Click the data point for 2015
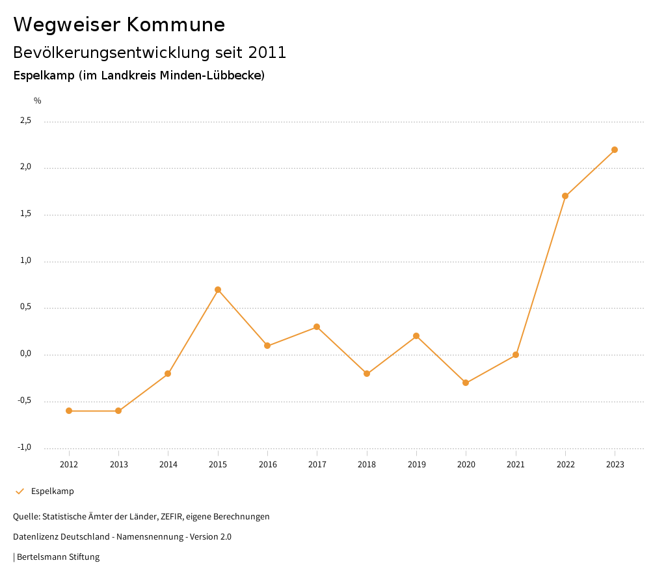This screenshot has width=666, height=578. [218, 290]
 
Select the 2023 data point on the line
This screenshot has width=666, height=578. [615, 150]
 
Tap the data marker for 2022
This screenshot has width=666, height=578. [565, 196]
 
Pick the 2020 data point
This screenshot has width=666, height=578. [466, 383]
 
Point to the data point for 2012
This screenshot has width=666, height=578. [69, 411]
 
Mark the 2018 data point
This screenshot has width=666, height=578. [367, 374]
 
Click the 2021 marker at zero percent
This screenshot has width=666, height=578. [516, 355]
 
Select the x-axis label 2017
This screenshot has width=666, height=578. [317, 465]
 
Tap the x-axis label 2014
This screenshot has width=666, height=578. [168, 465]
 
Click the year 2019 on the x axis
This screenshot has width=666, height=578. [416, 465]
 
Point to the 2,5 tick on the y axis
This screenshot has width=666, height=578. [25, 120]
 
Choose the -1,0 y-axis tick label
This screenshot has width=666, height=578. [25, 447]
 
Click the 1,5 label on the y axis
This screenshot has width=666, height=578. [25, 214]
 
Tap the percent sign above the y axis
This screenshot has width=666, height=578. [38, 101]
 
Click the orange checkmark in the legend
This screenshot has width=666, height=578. [20, 491]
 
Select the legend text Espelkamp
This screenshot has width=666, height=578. [53, 491]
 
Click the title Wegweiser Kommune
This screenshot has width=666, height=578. [119, 25]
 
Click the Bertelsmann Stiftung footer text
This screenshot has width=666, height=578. [58, 557]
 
